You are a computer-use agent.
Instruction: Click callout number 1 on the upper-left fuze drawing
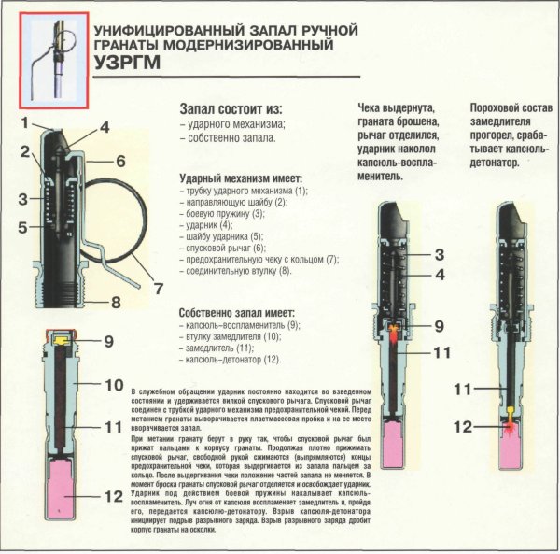(x=28, y=122)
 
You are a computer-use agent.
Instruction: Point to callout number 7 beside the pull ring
(x=158, y=287)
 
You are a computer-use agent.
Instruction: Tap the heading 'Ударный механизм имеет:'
(x=237, y=175)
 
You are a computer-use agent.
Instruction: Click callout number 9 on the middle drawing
(x=438, y=326)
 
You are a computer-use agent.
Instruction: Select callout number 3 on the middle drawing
(x=438, y=255)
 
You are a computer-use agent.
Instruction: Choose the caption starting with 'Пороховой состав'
(x=510, y=135)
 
